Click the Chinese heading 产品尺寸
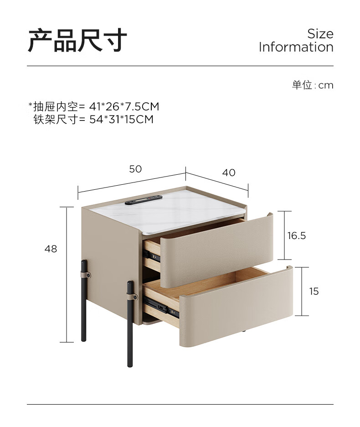77,40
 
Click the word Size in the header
320,34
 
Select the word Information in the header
296,47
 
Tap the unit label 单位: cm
313,85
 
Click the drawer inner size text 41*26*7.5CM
124,107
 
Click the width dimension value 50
135,169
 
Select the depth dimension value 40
229,172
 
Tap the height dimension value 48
51,249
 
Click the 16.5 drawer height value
297,236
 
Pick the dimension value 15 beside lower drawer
314,291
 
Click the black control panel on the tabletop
144,199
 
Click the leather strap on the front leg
133,297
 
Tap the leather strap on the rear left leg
85,275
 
